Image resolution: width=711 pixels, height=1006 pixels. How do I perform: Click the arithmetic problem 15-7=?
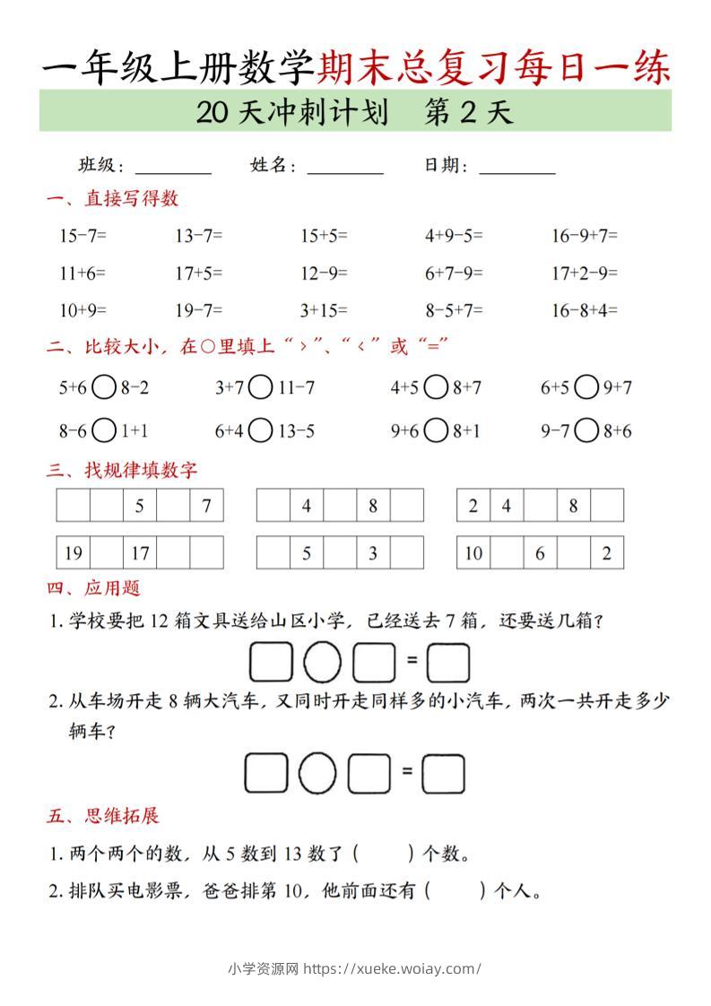82,236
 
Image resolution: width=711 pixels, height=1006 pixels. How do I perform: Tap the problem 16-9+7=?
585,236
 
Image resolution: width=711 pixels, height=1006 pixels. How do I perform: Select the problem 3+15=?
324,310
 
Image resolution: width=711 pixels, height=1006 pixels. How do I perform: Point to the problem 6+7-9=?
454,273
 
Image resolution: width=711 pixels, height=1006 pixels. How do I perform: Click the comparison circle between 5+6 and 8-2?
104,387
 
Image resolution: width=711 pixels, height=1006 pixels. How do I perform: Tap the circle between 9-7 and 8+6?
586,431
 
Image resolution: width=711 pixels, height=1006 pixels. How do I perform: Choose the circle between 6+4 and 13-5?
260,431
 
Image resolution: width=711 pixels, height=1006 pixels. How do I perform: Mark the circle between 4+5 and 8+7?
437,387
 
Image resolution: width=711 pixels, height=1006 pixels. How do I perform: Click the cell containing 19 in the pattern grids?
74,553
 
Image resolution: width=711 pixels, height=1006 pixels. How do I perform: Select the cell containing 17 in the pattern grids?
140,553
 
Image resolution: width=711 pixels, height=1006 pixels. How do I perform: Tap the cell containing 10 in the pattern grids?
473,553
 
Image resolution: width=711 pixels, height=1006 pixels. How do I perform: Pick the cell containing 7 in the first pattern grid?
206,506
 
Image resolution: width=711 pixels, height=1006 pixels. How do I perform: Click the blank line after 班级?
173,168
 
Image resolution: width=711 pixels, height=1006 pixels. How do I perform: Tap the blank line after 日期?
517,168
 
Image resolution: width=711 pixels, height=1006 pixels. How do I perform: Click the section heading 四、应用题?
93,589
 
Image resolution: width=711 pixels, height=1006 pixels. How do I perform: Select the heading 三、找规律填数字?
122,469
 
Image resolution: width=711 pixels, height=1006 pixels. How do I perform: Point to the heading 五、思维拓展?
103,816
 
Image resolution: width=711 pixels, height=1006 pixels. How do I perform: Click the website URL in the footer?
393,968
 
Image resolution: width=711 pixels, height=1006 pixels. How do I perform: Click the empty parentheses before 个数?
384,854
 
